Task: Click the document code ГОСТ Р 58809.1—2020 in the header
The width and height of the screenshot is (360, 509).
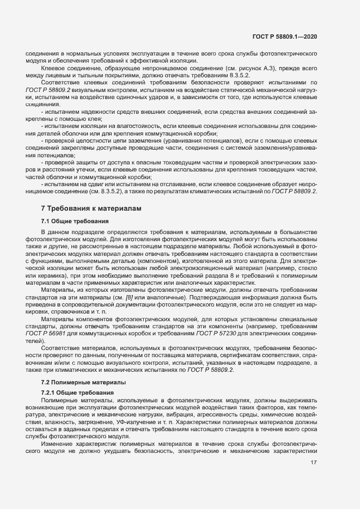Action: (285, 36)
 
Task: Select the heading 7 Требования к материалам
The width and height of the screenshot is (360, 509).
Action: (91, 208)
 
